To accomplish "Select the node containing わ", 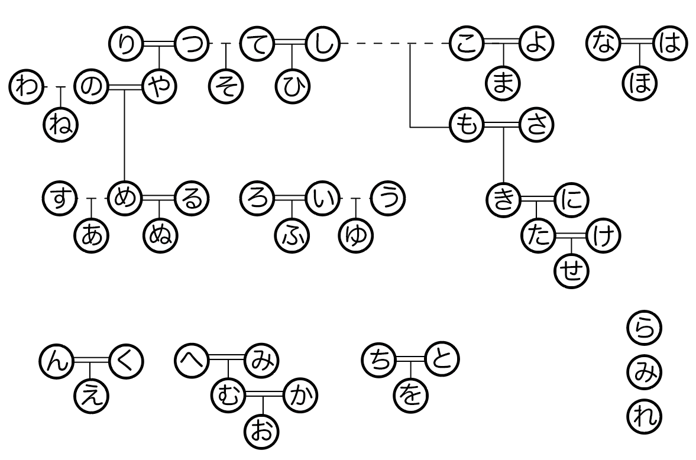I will point(26,87).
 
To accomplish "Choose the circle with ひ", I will point(293,87).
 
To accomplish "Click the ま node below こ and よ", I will point(503,82).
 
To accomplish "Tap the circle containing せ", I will point(571,272).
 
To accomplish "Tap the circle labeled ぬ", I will point(160,236).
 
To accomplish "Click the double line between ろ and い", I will point(291,197).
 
